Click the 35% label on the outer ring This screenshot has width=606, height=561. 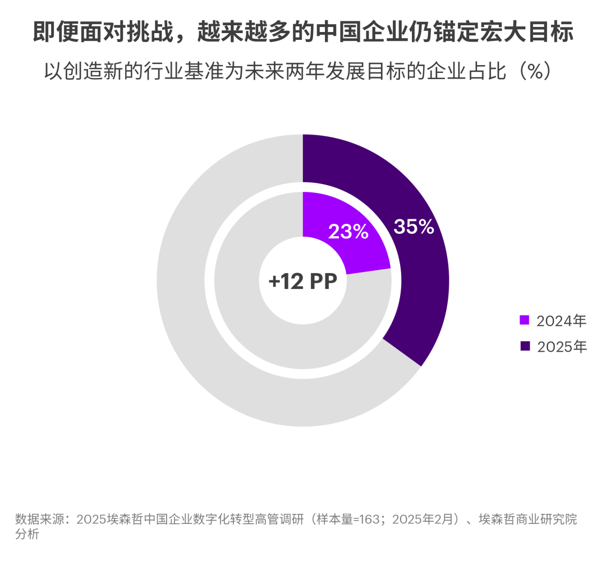click(414, 227)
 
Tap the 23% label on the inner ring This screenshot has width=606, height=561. click(348, 231)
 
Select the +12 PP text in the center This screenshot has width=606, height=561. click(302, 280)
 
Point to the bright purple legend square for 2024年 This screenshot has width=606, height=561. click(525, 320)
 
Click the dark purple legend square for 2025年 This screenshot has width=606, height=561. click(525, 346)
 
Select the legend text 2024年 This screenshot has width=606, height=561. click(561, 321)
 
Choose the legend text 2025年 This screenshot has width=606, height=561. click(561, 347)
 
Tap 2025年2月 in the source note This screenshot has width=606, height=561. click(412, 519)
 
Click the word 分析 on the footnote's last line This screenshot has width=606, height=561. click(27, 534)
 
